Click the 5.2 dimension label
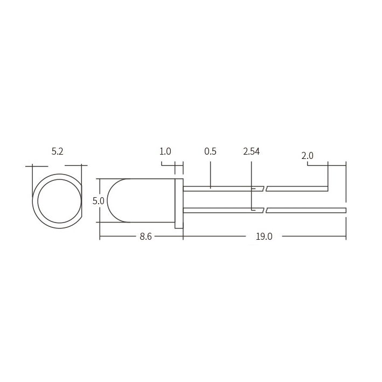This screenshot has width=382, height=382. tap(57, 151)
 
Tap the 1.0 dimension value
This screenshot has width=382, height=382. tap(165, 151)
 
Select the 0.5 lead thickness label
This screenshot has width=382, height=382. tap(210, 151)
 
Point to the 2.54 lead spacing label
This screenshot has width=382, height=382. tap(252, 151)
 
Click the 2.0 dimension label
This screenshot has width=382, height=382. tap(307, 156)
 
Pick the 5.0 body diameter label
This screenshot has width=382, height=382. tap(99, 201)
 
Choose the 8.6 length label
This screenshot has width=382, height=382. tap(145, 237)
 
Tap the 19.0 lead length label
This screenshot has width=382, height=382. tap(264, 237)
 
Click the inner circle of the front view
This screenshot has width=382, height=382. tap(38, 201)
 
